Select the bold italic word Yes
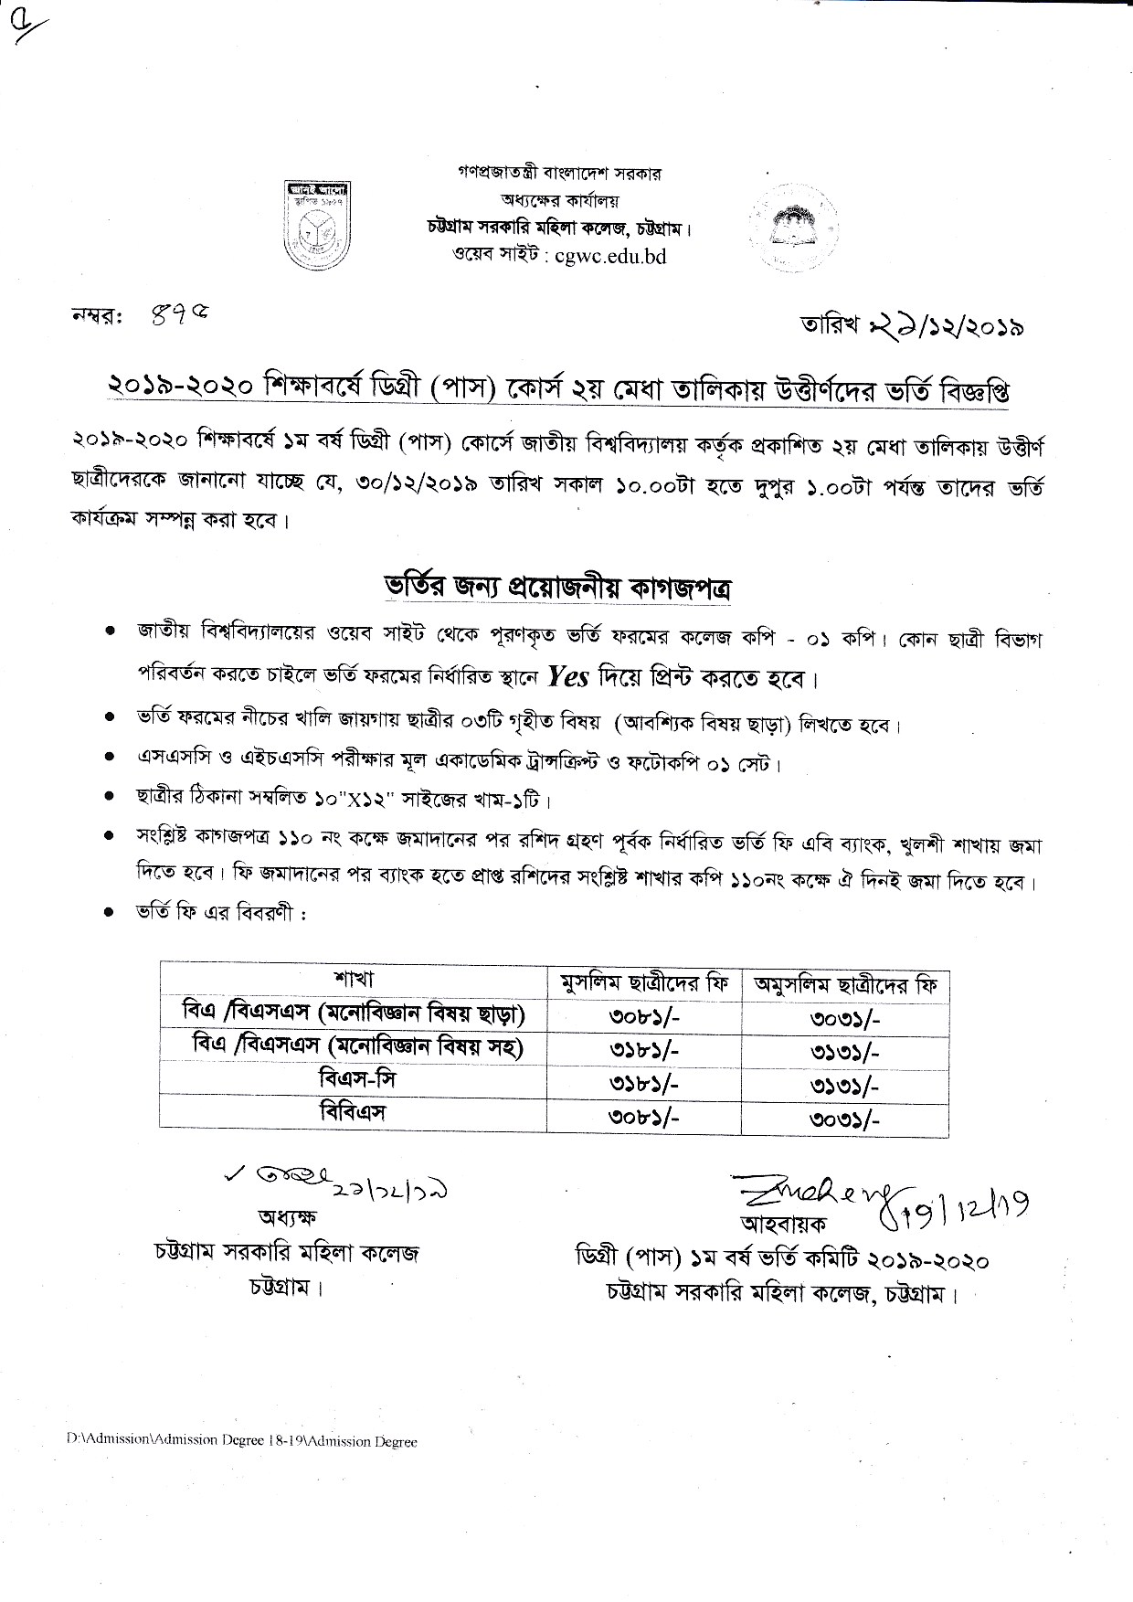(x=567, y=677)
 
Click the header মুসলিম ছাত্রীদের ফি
(x=644, y=983)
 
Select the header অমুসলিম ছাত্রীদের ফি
(x=845, y=984)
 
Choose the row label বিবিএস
(x=354, y=1112)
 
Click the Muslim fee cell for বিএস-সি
(x=643, y=1083)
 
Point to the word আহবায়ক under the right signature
(x=768, y=1222)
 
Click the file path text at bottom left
(x=241, y=1442)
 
